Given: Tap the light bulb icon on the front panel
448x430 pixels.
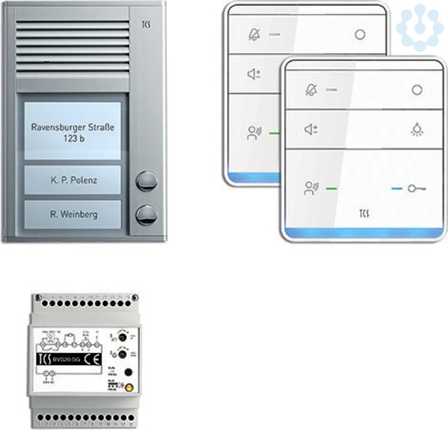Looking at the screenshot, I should point(417,130).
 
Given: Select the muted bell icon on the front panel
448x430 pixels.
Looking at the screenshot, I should point(311,90).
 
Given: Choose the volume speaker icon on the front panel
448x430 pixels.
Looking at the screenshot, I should point(311,130).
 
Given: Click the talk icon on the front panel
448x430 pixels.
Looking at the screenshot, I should point(311,188).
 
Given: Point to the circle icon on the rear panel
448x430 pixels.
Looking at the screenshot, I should point(361,34).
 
